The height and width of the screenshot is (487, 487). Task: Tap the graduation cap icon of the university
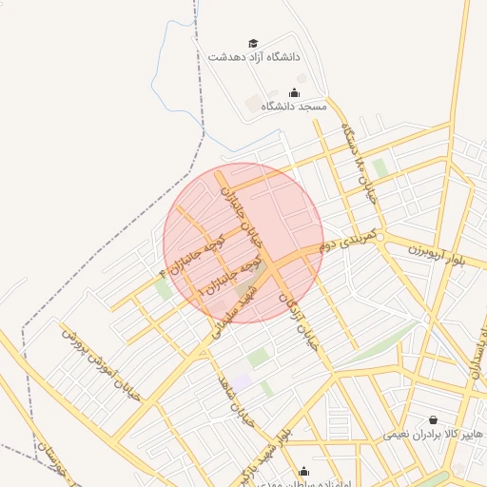(x=253, y=43)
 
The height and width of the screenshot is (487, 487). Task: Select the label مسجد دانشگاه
(x=293, y=107)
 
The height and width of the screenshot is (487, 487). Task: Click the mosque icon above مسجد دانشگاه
(x=293, y=93)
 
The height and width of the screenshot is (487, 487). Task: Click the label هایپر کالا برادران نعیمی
(x=427, y=434)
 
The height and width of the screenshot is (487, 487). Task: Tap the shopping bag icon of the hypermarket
(x=434, y=419)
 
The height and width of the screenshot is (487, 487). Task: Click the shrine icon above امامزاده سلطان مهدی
(x=303, y=470)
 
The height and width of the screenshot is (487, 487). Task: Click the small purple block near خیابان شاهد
(x=242, y=381)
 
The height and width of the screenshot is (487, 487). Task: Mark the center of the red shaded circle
(x=243, y=242)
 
